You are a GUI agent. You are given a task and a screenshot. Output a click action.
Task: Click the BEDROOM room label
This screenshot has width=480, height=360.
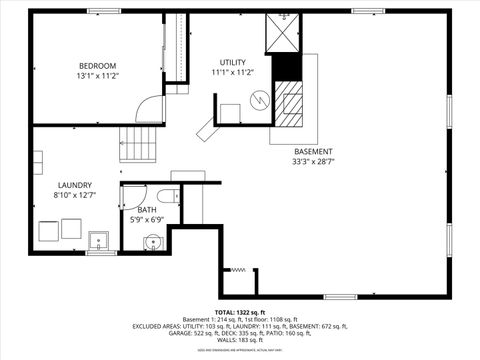(x=98, y=66)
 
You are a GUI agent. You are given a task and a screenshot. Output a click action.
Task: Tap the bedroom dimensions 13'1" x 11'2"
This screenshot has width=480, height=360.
(x=98, y=76)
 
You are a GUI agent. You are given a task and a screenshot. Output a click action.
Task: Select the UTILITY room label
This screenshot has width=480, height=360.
(x=233, y=61)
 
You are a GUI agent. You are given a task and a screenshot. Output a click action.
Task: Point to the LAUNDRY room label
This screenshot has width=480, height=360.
(x=75, y=185)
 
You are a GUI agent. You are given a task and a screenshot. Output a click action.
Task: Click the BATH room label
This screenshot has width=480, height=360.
(x=147, y=210)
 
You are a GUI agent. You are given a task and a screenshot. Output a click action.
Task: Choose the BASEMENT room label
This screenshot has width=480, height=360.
(x=313, y=151)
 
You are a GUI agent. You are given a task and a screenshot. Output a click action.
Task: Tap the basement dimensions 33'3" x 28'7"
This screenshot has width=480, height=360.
(x=313, y=161)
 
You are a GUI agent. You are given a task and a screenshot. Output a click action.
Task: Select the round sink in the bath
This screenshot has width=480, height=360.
(x=152, y=241)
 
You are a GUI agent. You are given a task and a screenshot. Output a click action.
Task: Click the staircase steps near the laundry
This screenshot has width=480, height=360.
(x=140, y=147)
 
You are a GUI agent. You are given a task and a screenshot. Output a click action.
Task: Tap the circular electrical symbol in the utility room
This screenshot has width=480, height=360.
(x=259, y=100)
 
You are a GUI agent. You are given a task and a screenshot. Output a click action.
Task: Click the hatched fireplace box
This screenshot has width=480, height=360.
(x=291, y=105)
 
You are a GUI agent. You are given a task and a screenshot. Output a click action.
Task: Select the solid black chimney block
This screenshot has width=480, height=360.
(x=287, y=70)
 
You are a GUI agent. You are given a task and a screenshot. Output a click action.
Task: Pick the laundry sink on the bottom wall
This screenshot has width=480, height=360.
(x=99, y=240)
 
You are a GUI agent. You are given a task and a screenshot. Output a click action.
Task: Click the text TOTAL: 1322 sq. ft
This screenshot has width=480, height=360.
(x=240, y=313)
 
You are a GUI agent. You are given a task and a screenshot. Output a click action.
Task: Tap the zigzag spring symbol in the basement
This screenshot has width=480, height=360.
(x=238, y=270)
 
